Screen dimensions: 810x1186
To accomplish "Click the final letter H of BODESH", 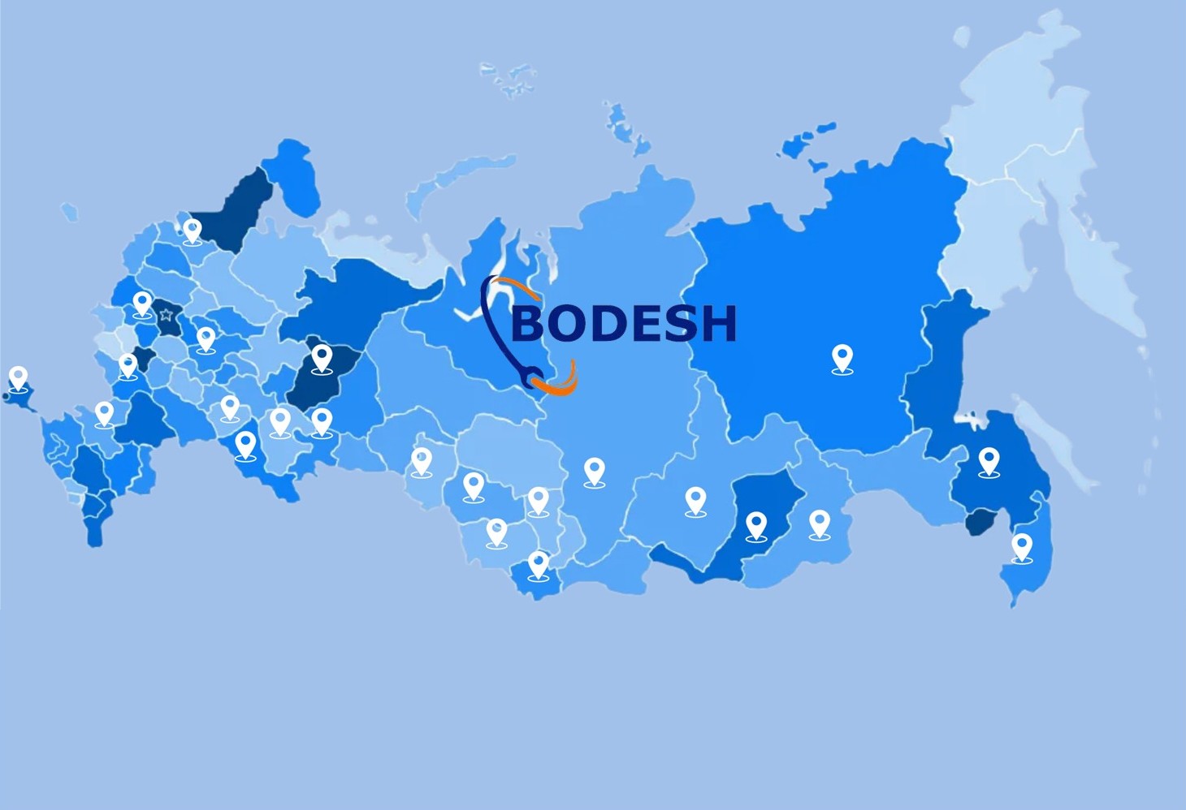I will click(718, 323).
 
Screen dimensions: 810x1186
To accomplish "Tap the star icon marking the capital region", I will click(167, 315).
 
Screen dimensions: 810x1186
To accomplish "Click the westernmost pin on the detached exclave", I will click(19, 378).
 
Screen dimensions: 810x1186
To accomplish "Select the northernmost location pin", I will click(193, 231).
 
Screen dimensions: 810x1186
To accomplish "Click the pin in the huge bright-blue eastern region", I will click(842, 357).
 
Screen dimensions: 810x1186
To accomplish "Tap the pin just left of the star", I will click(142, 304).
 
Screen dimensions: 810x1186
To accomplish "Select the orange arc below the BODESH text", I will click(561, 385).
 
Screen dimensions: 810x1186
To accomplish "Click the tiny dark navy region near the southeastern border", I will click(980, 521).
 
